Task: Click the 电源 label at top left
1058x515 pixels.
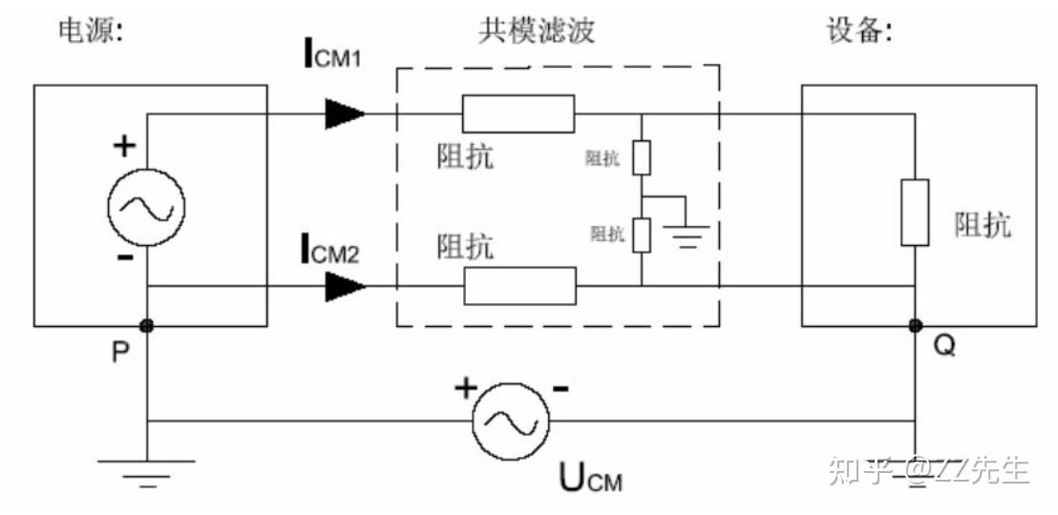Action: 91,32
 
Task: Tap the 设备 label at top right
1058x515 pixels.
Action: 859,32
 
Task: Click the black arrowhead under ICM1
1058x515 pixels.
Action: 344,113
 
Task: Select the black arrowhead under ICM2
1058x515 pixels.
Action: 344,285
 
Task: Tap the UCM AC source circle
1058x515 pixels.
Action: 512,421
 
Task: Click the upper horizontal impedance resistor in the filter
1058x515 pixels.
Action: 518,113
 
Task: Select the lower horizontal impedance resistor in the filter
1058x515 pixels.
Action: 520,285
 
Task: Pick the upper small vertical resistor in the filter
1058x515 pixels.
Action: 642,157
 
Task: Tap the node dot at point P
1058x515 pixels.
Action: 147,326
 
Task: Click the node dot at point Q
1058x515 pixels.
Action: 915,326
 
